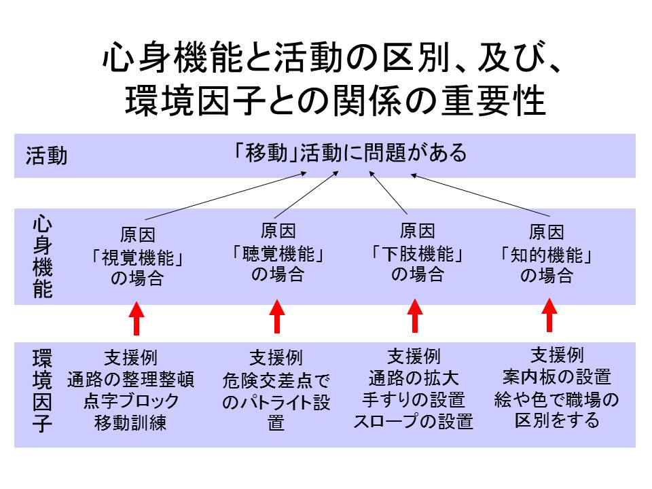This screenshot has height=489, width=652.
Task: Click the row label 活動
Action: [x=47, y=156]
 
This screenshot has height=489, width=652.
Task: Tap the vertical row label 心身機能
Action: [x=42, y=257]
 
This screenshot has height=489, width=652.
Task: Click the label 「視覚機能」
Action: [x=138, y=258]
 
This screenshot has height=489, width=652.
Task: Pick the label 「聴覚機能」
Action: [x=277, y=254]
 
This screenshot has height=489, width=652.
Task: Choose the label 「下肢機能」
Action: [x=417, y=254]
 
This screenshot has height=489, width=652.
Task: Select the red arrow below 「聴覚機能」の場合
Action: [x=276, y=316]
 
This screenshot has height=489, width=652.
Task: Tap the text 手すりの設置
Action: [x=414, y=399]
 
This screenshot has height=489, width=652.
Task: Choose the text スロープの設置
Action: [x=414, y=421]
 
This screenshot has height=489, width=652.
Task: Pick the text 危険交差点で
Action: [x=276, y=380]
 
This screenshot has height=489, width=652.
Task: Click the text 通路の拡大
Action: [x=414, y=378]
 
